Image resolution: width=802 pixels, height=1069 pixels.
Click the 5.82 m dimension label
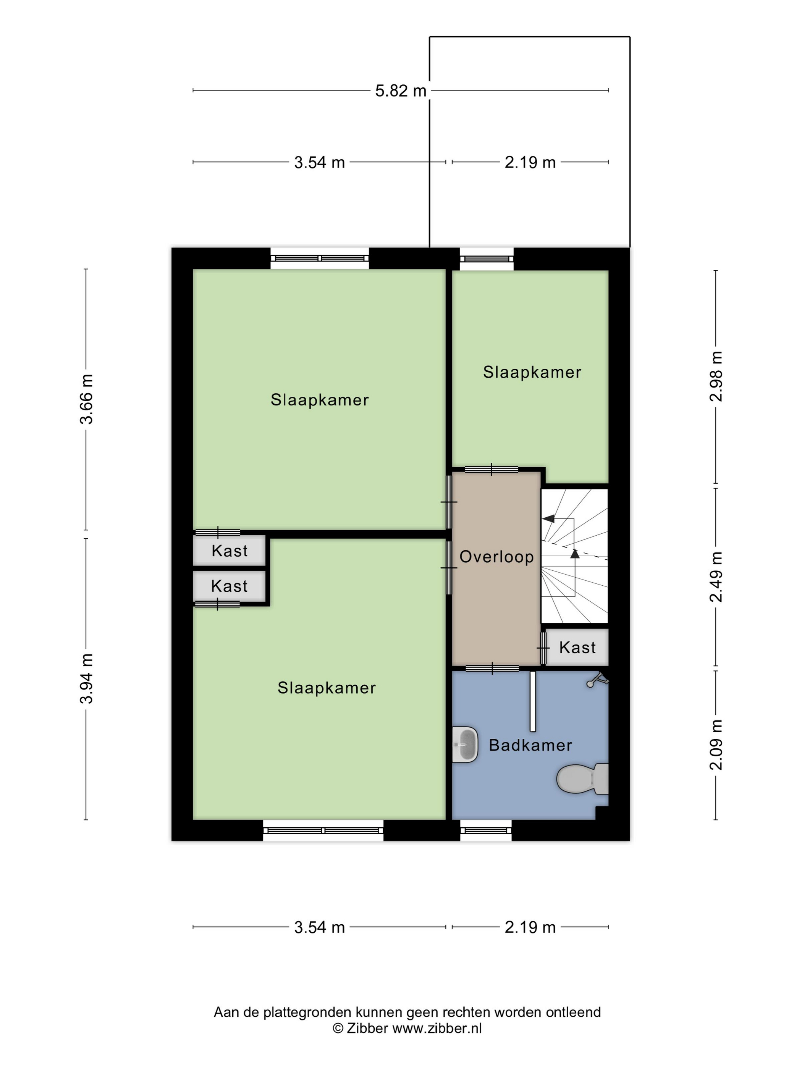tap(401, 90)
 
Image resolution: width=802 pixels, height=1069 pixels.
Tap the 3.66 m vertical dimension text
tap(87, 399)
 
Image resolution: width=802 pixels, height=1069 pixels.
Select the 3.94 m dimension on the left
tap(87, 678)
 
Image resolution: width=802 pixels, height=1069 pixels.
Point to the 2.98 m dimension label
tap(716, 376)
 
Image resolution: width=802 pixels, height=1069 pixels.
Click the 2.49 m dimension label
tap(716, 577)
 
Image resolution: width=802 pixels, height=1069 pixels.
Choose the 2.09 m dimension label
tap(716, 745)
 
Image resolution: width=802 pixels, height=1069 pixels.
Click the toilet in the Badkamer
tap(582, 778)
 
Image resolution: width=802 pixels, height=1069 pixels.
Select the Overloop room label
tap(496, 557)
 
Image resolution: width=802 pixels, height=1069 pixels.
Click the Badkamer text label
tap(530, 745)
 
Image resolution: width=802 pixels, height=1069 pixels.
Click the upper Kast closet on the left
tap(230, 551)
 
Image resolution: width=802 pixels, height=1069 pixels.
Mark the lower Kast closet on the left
tap(230, 586)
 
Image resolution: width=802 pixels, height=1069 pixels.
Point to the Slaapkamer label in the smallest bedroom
tap(532, 372)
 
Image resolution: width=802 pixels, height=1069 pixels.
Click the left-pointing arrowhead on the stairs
tap(548, 518)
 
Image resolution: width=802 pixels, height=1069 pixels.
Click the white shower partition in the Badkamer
tap(533, 701)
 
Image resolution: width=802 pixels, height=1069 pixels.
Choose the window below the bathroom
tap(485, 830)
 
